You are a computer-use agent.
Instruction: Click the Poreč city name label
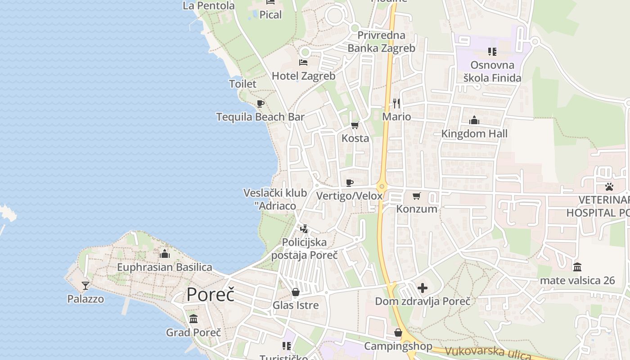[x=211, y=295]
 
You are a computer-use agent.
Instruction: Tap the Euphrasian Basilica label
[x=164, y=267]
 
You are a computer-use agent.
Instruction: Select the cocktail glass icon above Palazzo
[x=85, y=286]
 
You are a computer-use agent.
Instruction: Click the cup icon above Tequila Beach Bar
[x=260, y=104]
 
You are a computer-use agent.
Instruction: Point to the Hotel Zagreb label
[x=303, y=76]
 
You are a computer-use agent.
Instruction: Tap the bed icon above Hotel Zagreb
[x=303, y=63]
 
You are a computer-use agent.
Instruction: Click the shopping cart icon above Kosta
[x=355, y=125]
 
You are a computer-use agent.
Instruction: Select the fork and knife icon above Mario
[x=396, y=103]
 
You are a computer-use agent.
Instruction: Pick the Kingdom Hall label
[x=474, y=134]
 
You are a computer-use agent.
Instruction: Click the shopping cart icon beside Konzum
[x=417, y=196]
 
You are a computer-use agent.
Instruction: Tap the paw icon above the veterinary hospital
[x=609, y=186]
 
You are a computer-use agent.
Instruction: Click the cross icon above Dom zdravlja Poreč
[x=423, y=288]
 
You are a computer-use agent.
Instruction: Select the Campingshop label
[x=398, y=346]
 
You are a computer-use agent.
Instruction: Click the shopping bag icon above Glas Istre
[x=296, y=292]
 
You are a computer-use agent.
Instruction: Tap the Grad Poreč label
[x=193, y=333]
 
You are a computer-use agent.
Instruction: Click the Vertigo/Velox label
[x=349, y=196]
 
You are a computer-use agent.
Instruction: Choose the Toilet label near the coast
[x=243, y=84]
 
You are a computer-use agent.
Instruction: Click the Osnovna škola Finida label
[x=492, y=72]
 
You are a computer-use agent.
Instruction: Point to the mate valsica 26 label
[x=577, y=280]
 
